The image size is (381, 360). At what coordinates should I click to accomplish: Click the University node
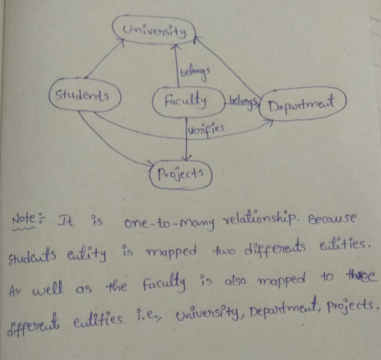tap(154, 30)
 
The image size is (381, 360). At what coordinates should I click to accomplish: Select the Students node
tap(85, 95)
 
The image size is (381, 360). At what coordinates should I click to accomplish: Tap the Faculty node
tap(188, 102)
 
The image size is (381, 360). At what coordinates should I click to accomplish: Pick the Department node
tap(302, 104)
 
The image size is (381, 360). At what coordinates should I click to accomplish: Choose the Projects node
tap(181, 174)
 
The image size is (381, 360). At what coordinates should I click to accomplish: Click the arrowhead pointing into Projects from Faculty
tap(187, 157)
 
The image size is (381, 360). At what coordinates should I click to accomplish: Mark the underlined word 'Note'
tap(24, 221)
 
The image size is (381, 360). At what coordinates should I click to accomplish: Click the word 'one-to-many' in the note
tap(169, 222)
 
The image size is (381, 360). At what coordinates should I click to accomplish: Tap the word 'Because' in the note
tap(332, 219)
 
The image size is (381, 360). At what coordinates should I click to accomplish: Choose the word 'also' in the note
tap(235, 281)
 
